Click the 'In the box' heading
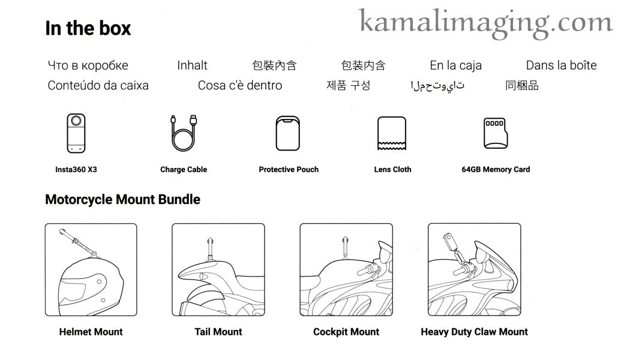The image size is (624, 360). point(88,28)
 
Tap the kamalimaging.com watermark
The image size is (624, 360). point(485,23)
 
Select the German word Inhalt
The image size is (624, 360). point(192,65)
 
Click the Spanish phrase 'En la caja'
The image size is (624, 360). point(455,65)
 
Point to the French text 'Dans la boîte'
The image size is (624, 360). point(561,65)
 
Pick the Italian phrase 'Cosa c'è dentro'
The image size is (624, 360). point(240,85)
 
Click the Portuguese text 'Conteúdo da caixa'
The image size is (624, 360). point(98,85)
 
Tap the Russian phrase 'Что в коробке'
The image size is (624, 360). point(88,65)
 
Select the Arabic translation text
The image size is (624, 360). point(437,86)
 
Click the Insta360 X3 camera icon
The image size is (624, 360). point(76,133)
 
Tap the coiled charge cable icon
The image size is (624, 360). point(184,133)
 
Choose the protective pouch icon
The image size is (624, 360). point(288,133)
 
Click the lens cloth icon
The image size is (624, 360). point(392,134)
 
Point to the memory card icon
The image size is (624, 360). point(496,133)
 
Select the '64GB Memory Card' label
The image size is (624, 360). point(496,169)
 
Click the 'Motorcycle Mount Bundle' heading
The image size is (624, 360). point(122,199)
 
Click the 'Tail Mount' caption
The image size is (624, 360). point(218,332)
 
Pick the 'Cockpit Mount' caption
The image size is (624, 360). point(346,332)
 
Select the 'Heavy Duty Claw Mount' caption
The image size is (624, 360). point(475,332)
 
